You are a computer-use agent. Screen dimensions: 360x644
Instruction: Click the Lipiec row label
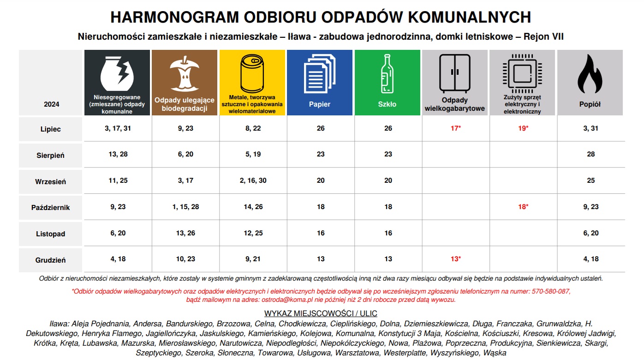coord(51,129)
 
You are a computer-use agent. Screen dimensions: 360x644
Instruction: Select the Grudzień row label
coord(51,260)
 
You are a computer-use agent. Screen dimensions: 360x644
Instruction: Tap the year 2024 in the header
coord(51,104)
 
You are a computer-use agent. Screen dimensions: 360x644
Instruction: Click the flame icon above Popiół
coord(590,74)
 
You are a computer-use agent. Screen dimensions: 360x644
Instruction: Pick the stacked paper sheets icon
coord(319,73)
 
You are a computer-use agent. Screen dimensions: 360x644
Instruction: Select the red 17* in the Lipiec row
coord(455,128)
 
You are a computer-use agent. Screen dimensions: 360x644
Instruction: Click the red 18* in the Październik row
coord(523,207)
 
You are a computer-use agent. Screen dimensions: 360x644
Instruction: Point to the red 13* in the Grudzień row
coord(455,259)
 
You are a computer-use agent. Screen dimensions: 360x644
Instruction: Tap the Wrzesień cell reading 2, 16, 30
coord(253,180)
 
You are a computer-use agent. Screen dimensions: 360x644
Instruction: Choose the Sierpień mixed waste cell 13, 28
coord(118,154)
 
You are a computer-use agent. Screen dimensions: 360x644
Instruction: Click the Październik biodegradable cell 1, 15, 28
coord(185,207)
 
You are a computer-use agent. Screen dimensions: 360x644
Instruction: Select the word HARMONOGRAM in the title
coord(175,18)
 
